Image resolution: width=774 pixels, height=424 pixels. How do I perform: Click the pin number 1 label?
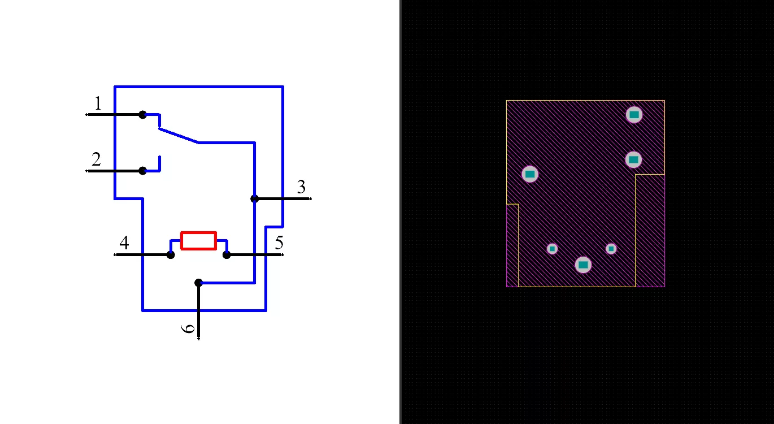pyautogui.click(x=98, y=103)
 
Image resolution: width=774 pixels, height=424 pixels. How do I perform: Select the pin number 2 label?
pyautogui.click(x=97, y=159)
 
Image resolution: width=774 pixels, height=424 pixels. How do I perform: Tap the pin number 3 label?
pyautogui.click(x=301, y=187)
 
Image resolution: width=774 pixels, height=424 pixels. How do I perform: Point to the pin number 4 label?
pyautogui.click(x=124, y=243)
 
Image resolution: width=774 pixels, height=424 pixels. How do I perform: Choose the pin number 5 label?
pyautogui.click(x=279, y=243)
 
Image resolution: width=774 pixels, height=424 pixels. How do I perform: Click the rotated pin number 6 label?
pyautogui.click(x=188, y=328)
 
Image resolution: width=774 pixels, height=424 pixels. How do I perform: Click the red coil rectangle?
pyautogui.click(x=199, y=241)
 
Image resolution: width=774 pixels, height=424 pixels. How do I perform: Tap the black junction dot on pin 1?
pyautogui.click(x=142, y=114)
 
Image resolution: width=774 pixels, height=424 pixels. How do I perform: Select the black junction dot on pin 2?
pyautogui.click(x=142, y=171)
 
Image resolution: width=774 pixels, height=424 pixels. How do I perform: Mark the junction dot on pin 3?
pyautogui.click(x=254, y=199)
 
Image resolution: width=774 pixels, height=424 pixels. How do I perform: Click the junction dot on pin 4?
pyautogui.click(x=171, y=255)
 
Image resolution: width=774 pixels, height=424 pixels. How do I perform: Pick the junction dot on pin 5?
pyautogui.click(x=227, y=255)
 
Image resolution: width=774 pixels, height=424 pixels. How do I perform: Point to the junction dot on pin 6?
pyautogui.click(x=198, y=283)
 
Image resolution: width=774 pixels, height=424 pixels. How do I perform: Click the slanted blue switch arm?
pyautogui.click(x=179, y=135)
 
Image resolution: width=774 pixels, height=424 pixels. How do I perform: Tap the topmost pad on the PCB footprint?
pyautogui.click(x=634, y=115)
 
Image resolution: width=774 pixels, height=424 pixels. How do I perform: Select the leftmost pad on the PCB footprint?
pyautogui.click(x=530, y=174)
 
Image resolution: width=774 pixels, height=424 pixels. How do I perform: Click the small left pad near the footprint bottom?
pyautogui.click(x=552, y=249)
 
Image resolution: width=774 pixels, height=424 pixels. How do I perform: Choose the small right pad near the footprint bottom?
pyautogui.click(x=611, y=249)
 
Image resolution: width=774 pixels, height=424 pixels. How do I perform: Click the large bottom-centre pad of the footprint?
pyautogui.click(x=583, y=265)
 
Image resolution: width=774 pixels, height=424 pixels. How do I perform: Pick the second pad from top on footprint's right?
pyautogui.click(x=633, y=160)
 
